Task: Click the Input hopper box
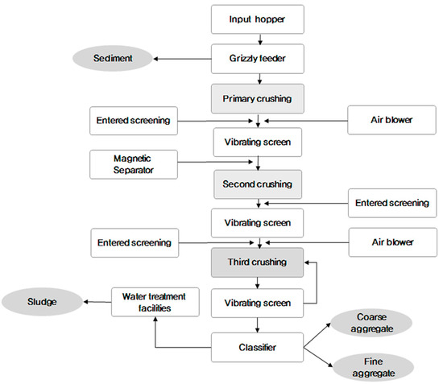coord(257,19)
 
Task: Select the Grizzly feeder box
coord(257,58)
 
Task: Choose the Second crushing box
coord(257,184)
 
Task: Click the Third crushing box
coord(257,262)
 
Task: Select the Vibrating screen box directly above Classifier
coord(257,305)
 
